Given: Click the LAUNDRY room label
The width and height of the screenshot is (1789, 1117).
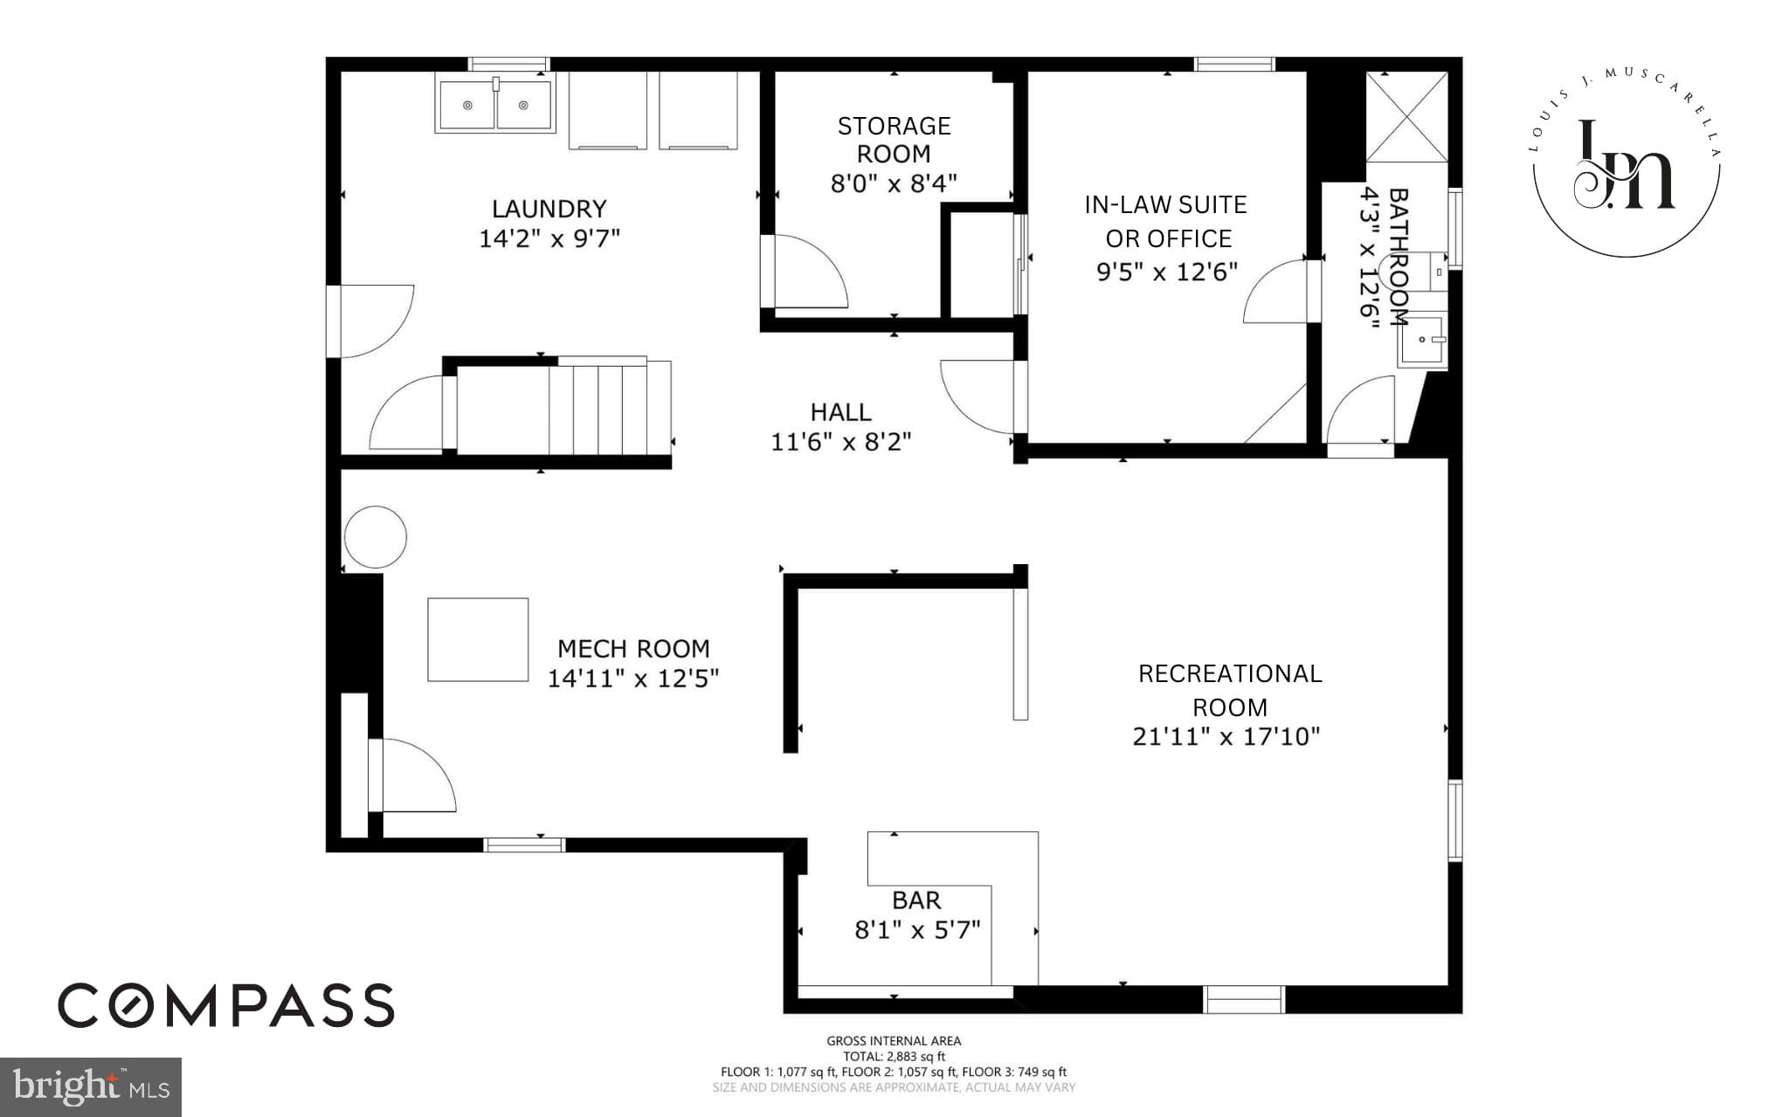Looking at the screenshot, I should (x=549, y=209).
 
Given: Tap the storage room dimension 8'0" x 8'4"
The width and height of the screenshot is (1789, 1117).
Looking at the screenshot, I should (x=893, y=183).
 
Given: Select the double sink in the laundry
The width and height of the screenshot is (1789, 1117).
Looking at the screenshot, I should (x=495, y=104).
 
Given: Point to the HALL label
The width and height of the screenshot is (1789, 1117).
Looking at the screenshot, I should (x=840, y=412).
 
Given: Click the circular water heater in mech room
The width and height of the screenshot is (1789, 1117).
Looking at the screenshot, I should (x=375, y=537).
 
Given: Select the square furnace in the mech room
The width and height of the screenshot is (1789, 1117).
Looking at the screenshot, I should (x=478, y=639).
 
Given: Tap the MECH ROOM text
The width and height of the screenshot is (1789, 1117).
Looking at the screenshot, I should (x=633, y=649).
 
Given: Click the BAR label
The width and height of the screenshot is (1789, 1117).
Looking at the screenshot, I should (x=916, y=900).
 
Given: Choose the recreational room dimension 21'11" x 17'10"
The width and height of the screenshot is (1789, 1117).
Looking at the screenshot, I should (x=1226, y=737).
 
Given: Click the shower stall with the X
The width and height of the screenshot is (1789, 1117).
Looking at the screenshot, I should (x=1406, y=117).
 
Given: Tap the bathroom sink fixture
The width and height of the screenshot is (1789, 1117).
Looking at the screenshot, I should (x=1422, y=340).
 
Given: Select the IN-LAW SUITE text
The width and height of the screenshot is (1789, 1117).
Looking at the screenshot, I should (x=1165, y=204).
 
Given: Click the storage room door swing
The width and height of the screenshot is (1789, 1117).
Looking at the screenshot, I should (x=808, y=273).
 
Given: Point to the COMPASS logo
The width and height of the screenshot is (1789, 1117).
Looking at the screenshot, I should (x=226, y=1004).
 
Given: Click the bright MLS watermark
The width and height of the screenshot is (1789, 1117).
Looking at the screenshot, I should (x=91, y=1086).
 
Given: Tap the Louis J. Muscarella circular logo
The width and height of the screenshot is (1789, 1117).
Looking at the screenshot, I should (x=1625, y=164).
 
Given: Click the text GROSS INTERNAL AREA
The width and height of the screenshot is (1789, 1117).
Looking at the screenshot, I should (x=894, y=1040).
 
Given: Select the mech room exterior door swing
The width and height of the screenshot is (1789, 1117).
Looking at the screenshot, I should (x=415, y=776).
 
